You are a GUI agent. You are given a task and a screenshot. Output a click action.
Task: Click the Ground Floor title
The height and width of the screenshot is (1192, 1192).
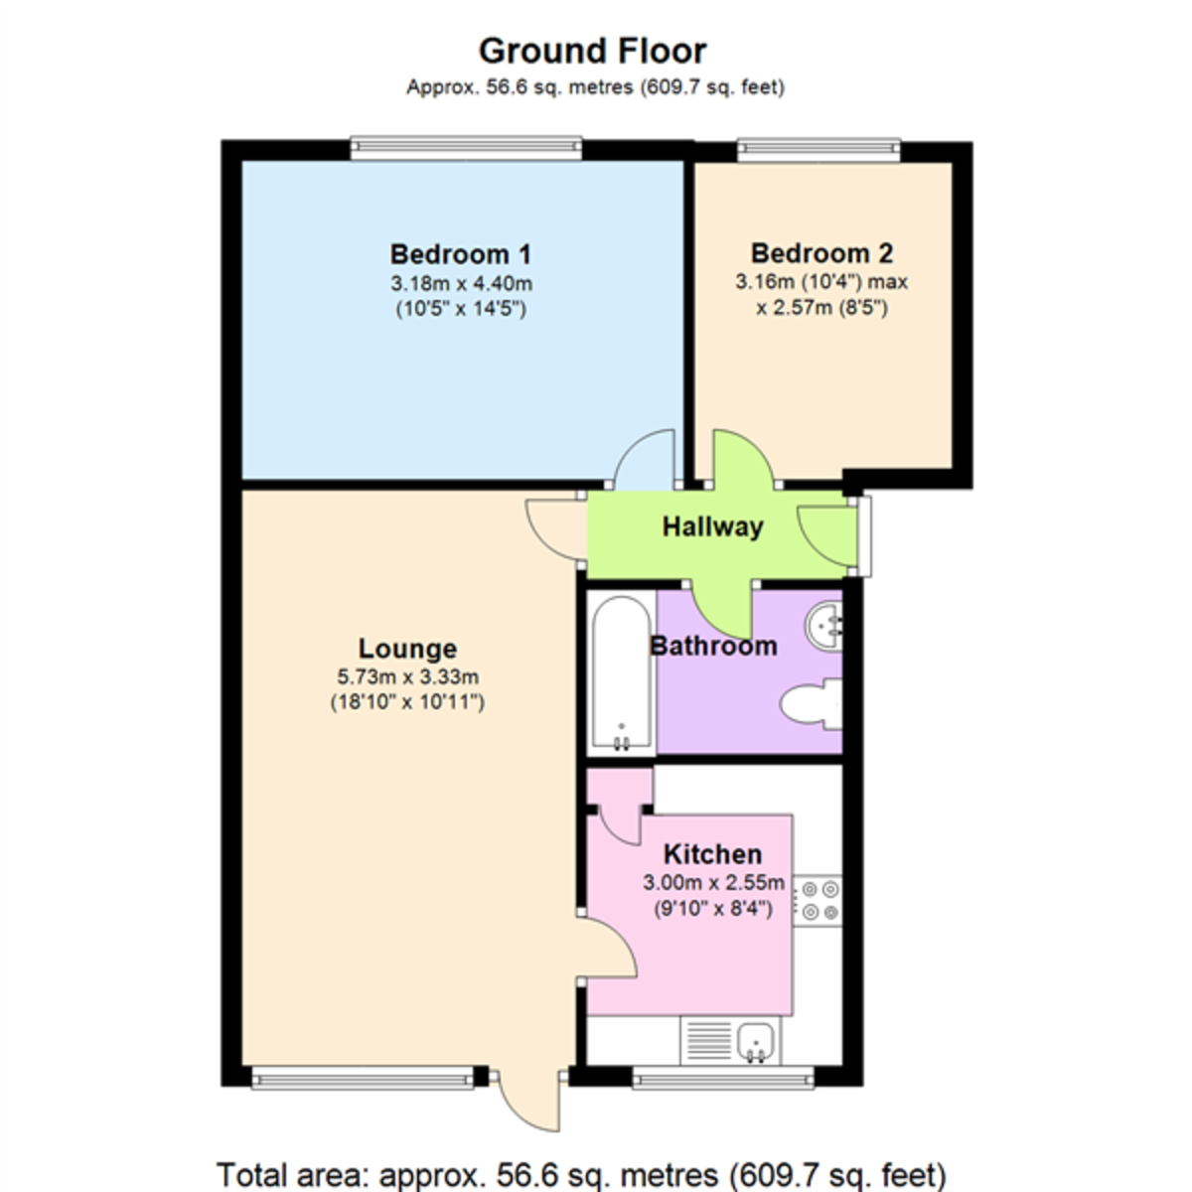(x=592, y=51)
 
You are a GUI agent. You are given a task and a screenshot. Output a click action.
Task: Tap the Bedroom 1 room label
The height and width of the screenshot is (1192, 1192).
(x=461, y=254)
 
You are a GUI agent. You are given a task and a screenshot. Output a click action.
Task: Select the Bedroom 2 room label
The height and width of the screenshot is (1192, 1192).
(x=821, y=253)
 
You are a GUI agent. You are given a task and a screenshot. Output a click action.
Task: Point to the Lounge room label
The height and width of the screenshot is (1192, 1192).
(x=407, y=649)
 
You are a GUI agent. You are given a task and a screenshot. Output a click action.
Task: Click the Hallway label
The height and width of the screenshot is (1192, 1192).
(x=712, y=526)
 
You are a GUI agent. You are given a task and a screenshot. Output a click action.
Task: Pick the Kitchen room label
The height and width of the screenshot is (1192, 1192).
(x=712, y=854)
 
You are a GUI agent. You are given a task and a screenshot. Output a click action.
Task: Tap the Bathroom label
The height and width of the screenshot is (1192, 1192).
(x=713, y=647)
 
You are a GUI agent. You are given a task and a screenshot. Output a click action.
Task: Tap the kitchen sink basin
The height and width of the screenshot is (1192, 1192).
(x=759, y=1041)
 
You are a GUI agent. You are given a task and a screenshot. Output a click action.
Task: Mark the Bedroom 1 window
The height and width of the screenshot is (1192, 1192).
(x=465, y=149)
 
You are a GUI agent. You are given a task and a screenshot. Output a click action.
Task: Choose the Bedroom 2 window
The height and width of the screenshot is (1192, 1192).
(x=819, y=150)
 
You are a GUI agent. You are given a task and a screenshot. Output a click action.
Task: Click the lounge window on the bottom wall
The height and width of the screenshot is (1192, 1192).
(x=362, y=1077)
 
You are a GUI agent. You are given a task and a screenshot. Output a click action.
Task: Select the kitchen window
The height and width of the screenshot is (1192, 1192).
(x=722, y=1077)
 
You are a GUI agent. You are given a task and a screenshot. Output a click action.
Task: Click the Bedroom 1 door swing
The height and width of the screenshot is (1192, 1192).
(x=645, y=460)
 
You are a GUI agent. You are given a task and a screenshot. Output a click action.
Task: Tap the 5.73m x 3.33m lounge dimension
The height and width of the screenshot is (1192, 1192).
(x=407, y=677)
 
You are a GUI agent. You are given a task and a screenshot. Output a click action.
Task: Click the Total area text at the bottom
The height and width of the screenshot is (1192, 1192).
(x=581, y=1174)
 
